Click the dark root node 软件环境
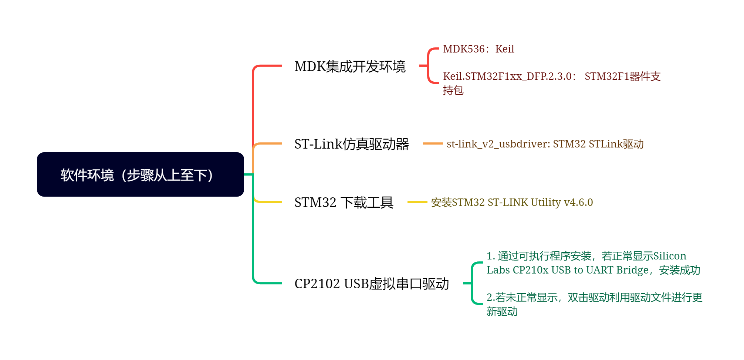click(x=140, y=174)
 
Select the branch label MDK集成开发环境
click(x=350, y=67)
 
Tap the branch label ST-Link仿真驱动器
click(x=351, y=144)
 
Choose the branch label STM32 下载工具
click(x=344, y=203)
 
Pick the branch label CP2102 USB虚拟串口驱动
click(x=371, y=284)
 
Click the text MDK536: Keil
click(x=478, y=49)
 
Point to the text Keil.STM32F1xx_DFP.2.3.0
click(x=507, y=77)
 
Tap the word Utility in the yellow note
click(x=546, y=203)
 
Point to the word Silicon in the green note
click(x=670, y=256)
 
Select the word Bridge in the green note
click(x=632, y=270)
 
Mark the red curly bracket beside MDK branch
click(x=429, y=66)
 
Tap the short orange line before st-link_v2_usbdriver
click(x=433, y=143)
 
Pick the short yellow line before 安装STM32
click(x=417, y=202)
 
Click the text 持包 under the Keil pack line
click(x=453, y=91)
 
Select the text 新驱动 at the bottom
click(x=502, y=312)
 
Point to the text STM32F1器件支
click(x=622, y=77)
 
